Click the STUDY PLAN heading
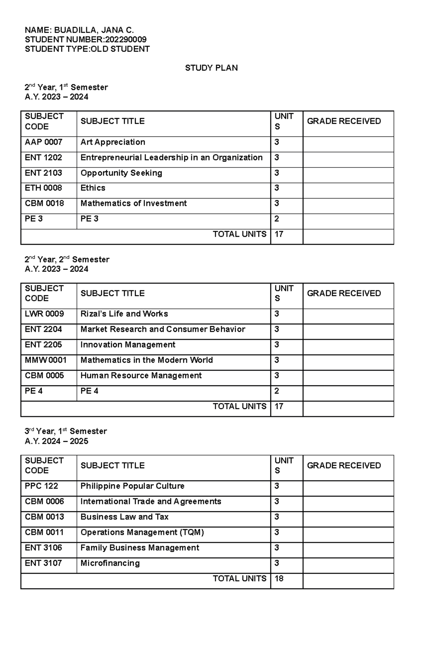[x=211, y=68]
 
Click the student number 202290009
[x=125, y=39]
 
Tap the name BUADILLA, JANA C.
[x=94, y=30]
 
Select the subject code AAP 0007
[x=43, y=142]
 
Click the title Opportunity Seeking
[x=121, y=173]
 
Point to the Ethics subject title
[x=93, y=188]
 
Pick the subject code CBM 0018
[x=44, y=203]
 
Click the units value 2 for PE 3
[x=277, y=219]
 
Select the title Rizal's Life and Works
[x=124, y=314]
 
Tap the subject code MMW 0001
[x=45, y=360]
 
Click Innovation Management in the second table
[x=128, y=344]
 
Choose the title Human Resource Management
[x=141, y=376]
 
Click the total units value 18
[x=279, y=579]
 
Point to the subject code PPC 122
[x=41, y=486]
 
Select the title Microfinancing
[x=110, y=563]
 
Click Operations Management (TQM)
[x=142, y=532]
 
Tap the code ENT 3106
[x=43, y=548]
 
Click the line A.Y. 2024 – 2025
[x=56, y=441]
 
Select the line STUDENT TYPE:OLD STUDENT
[x=87, y=49]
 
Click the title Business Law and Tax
[x=124, y=517]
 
